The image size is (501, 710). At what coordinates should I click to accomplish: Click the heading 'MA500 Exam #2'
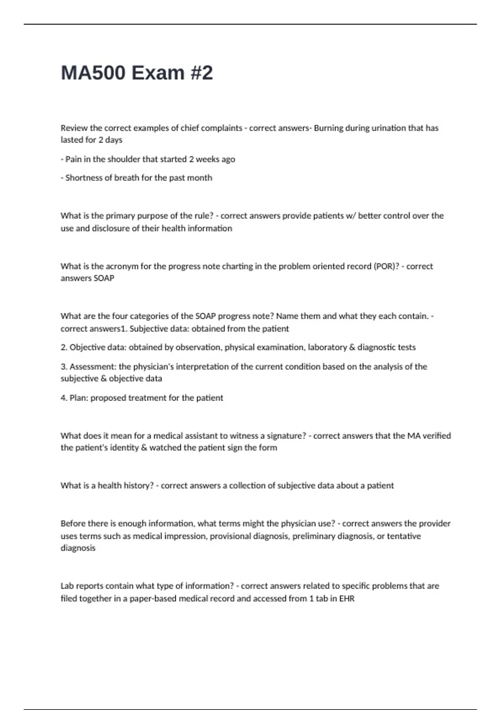[137, 73]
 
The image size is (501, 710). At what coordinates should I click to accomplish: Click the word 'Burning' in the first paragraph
[329, 128]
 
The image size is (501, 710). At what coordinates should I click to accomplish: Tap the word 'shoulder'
[124, 159]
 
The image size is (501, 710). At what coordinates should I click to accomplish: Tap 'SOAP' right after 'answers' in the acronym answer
[104, 278]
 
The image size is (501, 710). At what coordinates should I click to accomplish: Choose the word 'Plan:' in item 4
[79, 398]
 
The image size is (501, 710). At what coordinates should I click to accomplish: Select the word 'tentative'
[404, 536]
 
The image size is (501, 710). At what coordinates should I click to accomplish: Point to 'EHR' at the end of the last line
[347, 599]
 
